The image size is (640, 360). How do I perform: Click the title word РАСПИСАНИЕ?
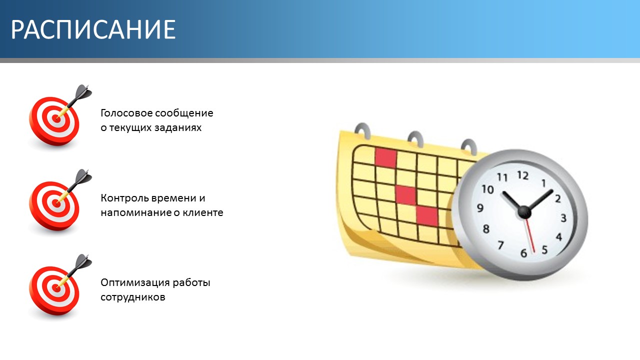(x=93, y=29)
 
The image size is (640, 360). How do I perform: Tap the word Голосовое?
(x=126, y=113)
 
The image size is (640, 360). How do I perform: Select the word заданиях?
(x=178, y=127)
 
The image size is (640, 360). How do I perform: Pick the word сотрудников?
(x=133, y=297)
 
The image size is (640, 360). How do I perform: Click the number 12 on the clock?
(x=523, y=175)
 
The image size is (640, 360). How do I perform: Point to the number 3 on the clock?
(x=563, y=218)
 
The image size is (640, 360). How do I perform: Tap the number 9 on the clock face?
(x=480, y=207)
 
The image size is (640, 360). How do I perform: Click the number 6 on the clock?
(x=523, y=253)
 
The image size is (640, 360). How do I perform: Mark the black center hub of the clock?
(x=524, y=212)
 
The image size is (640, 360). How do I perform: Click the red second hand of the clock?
(x=529, y=235)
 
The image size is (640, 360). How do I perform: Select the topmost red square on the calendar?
(x=385, y=157)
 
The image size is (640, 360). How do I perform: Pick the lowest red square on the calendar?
(x=427, y=216)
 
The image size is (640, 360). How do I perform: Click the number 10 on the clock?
(x=487, y=189)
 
